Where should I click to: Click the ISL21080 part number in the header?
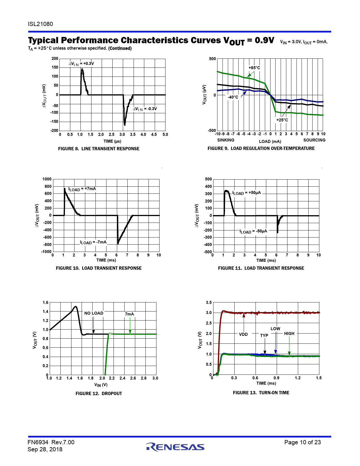[40, 24]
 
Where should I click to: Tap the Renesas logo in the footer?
[175, 447]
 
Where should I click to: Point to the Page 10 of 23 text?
[302, 442]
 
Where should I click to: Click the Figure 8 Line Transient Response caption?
[99, 149]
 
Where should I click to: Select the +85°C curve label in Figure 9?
[254, 68]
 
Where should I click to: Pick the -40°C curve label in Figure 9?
[233, 97]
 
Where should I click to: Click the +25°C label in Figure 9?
[282, 120]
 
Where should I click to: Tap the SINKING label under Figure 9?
[226, 140]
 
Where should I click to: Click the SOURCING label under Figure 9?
[314, 140]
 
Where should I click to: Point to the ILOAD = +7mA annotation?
[82, 189]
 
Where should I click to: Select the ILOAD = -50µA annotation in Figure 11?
[253, 231]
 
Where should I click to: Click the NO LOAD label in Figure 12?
[94, 313]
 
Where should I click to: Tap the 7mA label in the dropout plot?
[129, 314]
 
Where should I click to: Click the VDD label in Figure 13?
[243, 334]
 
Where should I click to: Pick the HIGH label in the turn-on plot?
[289, 334]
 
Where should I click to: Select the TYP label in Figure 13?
[264, 336]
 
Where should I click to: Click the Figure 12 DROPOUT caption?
[99, 393]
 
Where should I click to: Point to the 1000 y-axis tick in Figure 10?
[47, 179]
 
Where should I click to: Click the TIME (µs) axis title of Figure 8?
[112, 141]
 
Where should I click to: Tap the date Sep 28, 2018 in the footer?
[45, 449]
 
